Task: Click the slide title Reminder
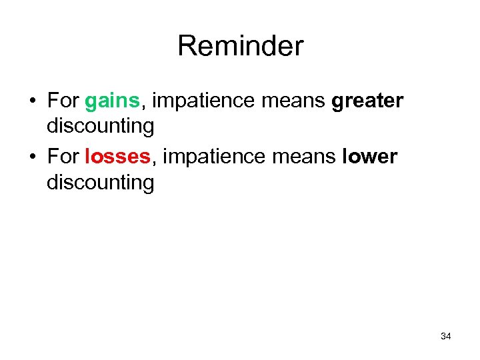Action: (240, 46)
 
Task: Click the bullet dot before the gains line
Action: (31, 102)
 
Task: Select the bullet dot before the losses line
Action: (31, 158)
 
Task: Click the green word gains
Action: (112, 101)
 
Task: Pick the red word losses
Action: (118, 157)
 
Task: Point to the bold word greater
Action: (367, 101)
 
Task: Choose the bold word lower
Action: (369, 157)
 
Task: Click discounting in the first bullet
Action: (100, 126)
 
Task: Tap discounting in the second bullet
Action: (100, 182)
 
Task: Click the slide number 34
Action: (446, 337)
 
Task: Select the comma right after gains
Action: (142, 107)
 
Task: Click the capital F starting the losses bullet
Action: (52, 157)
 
